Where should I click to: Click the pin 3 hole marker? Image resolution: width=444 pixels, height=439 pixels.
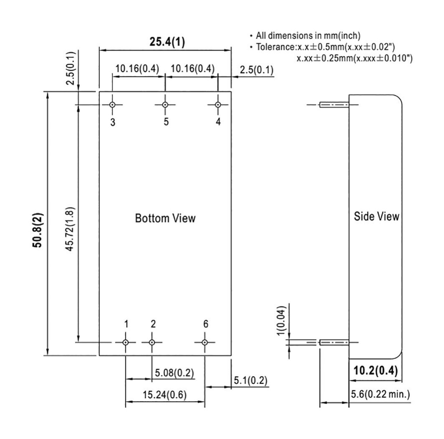pyautogui.click(x=112, y=105)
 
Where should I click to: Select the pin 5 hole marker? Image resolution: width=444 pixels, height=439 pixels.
pyautogui.click(x=165, y=105)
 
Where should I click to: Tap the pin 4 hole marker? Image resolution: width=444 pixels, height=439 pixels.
pyautogui.click(x=218, y=105)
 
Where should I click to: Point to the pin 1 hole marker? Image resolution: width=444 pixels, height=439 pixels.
pyautogui.click(x=126, y=342)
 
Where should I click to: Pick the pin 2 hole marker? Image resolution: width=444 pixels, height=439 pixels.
pyautogui.click(x=152, y=342)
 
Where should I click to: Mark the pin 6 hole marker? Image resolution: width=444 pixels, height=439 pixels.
pyautogui.click(x=205, y=342)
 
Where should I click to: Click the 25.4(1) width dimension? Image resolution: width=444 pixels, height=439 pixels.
pyautogui.click(x=167, y=42)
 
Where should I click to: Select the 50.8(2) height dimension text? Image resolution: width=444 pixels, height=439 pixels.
pyautogui.click(x=38, y=230)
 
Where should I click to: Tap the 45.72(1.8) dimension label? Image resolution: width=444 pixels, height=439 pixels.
pyautogui.click(x=70, y=229)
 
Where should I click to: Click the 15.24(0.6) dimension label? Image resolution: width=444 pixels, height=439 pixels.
pyautogui.click(x=164, y=394)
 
